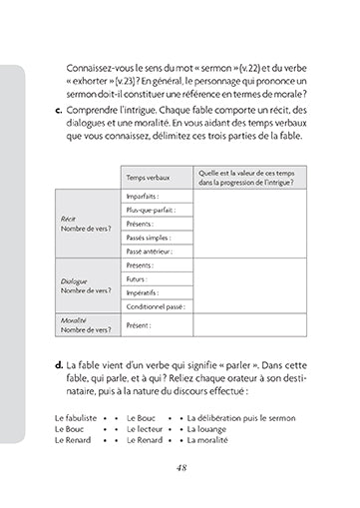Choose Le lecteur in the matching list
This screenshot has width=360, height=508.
(x=146, y=426)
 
